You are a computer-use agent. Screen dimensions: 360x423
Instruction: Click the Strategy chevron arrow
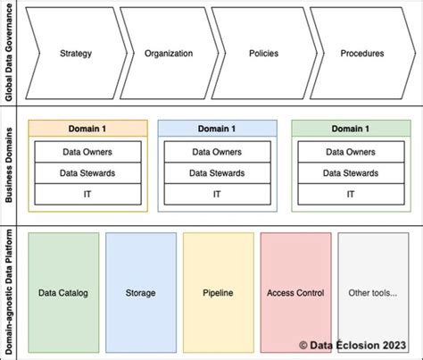coord(75,54)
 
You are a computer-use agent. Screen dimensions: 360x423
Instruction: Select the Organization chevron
coord(169,54)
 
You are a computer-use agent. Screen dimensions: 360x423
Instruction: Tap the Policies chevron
coord(262,54)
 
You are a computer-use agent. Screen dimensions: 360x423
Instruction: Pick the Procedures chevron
coord(362,54)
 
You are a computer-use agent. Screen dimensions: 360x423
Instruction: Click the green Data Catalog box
coord(63,292)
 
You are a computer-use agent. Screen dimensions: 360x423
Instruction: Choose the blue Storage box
coord(140,292)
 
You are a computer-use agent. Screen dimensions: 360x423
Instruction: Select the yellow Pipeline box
coord(217,292)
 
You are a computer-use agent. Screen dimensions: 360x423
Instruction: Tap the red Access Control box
coord(294,292)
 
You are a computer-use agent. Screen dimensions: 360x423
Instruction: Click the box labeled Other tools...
coord(372,292)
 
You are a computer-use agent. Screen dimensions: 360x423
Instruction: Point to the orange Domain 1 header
coord(87,128)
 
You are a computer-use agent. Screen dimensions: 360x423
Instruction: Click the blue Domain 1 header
coord(217,128)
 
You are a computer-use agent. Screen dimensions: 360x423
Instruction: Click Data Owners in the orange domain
coord(87,152)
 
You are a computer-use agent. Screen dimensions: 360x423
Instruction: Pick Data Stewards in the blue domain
coord(217,172)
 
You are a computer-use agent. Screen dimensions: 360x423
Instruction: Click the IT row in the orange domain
coord(87,193)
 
